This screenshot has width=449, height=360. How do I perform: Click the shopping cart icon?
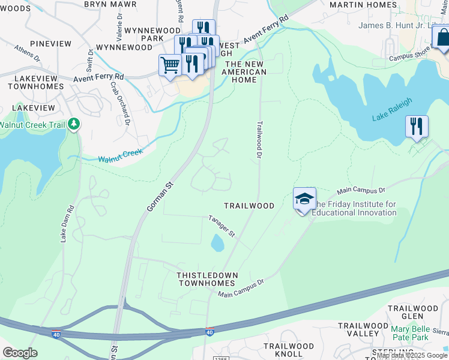tap(170, 65)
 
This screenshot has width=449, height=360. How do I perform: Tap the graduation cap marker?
tap(304, 199)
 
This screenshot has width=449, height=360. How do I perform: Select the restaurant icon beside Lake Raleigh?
tap(417, 126)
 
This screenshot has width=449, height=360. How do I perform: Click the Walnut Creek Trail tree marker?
tap(74, 124)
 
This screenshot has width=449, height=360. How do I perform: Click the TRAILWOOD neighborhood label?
tap(249, 206)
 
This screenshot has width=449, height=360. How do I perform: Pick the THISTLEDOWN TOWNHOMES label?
tap(208, 279)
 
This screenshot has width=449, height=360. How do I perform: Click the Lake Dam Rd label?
tap(67, 224)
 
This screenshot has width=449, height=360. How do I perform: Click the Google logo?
tap(20, 353)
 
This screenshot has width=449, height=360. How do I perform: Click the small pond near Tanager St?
tap(217, 243)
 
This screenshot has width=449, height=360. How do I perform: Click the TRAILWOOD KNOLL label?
tap(289, 350)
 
